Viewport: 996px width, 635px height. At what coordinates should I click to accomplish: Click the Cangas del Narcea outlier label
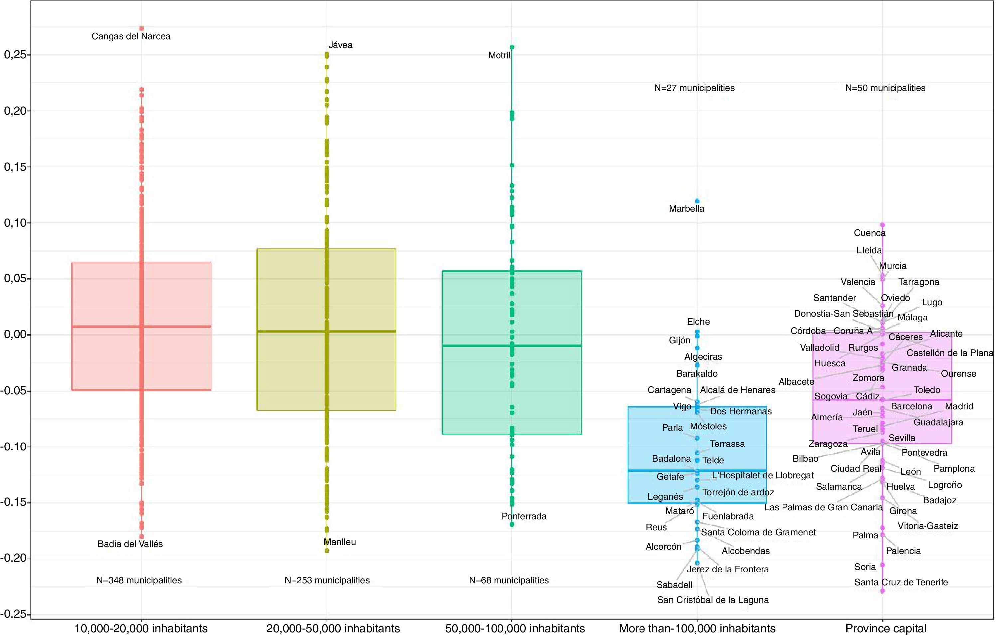click(131, 36)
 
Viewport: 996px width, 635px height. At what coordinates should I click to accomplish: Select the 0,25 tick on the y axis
click(15, 55)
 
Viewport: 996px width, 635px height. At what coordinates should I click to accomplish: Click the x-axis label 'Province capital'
click(886, 628)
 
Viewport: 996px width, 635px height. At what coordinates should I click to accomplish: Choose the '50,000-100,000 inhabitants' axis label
click(514, 628)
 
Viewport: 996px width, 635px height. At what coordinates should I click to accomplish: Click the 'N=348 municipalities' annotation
click(139, 580)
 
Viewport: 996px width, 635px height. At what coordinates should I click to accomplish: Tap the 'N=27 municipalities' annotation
click(694, 88)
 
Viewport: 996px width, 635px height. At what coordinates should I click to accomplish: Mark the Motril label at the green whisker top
click(499, 56)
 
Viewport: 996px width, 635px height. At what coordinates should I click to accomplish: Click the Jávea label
click(340, 45)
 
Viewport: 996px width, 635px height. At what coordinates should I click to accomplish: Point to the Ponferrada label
click(524, 516)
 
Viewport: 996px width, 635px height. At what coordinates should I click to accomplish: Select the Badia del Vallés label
click(130, 544)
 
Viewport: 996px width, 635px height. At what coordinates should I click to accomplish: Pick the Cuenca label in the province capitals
click(869, 233)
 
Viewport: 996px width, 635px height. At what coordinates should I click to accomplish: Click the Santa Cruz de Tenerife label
click(901, 582)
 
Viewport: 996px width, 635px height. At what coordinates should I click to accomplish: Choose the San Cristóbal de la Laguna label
click(713, 600)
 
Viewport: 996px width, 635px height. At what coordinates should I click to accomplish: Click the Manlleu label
click(340, 542)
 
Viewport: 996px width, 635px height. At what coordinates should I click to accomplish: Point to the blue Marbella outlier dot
click(697, 201)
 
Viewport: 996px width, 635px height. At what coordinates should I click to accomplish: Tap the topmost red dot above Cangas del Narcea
click(141, 29)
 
